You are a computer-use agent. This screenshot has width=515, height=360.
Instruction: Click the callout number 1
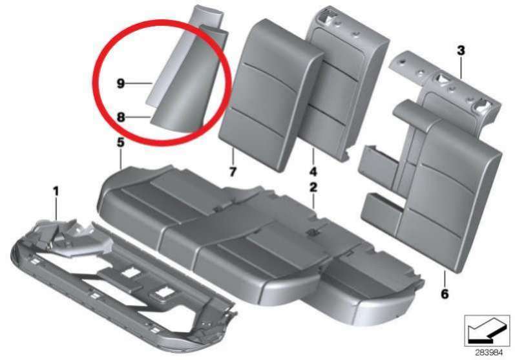[56, 191]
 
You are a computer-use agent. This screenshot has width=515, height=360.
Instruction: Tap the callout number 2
[313, 187]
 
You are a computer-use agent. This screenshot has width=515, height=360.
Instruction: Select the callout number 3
[461, 51]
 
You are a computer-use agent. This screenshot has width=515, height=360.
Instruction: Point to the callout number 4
[313, 171]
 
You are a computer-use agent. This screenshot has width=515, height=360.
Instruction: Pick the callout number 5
[121, 143]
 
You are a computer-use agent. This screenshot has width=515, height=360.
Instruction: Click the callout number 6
[445, 294]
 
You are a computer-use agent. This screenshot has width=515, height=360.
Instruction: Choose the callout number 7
[233, 171]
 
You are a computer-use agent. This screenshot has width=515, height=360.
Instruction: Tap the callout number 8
[121, 117]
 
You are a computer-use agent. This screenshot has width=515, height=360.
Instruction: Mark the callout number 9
[121, 84]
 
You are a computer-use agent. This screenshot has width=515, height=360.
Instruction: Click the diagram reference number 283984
[489, 353]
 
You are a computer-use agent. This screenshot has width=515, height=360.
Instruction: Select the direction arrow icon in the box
[487, 331]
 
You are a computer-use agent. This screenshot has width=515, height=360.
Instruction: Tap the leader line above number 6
[444, 279]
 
